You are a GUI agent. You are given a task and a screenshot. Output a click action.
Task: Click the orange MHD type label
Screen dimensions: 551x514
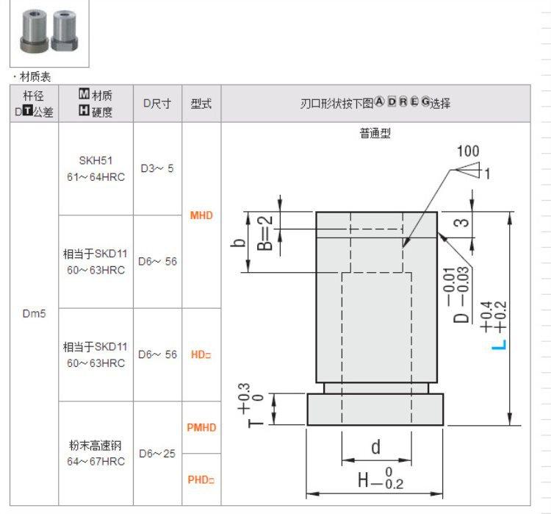tap(201, 215)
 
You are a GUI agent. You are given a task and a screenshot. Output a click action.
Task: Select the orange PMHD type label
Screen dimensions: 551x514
tap(201, 427)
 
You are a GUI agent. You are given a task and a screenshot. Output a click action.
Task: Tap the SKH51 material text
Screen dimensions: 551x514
tap(96, 161)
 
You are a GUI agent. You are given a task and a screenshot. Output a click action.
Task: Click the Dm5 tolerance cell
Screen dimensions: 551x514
tap(34, 313)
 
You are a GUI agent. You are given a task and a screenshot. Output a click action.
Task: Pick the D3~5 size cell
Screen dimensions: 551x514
tap(157, 168)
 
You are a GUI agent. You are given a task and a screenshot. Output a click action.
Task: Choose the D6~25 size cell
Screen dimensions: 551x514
tap(157, 454)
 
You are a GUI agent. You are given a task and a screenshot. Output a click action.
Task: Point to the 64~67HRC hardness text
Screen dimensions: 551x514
tap(96, 461)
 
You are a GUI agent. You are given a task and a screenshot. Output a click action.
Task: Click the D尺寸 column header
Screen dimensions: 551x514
tap(157, 104)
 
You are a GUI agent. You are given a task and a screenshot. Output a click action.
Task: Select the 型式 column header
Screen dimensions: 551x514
tap(201, 104)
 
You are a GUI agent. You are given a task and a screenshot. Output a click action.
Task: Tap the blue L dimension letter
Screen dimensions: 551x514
tap(499, 345)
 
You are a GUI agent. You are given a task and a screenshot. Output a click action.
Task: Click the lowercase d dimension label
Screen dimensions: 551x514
tap(376, 447)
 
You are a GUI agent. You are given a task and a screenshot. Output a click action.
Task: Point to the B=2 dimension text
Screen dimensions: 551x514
tap(265, 233)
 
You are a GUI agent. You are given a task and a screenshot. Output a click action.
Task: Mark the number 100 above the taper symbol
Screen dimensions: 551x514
tap(468, 151)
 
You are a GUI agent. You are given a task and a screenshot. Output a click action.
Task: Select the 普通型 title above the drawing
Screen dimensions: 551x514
tap(375, 133)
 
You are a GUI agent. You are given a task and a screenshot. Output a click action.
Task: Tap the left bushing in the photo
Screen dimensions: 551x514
tap(34, 31)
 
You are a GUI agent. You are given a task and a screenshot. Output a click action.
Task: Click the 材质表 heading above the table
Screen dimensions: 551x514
tap(35, 76)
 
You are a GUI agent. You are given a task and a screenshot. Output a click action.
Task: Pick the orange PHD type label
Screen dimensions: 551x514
tap(201, 479)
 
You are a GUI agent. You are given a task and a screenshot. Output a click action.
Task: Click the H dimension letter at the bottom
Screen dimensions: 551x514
tap(364, 480)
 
